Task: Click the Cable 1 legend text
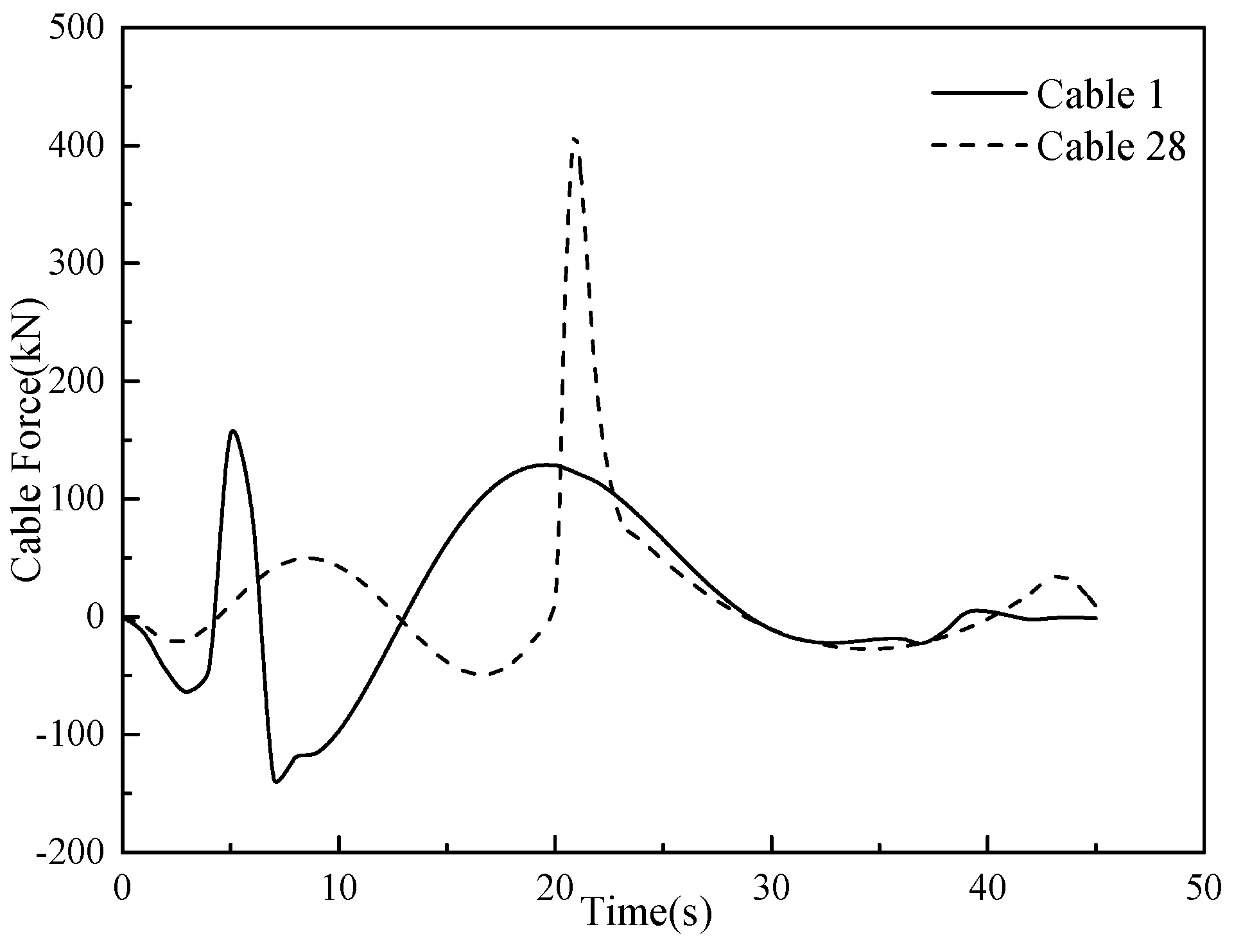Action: (1100, 95)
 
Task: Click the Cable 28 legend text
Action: (1111, 148)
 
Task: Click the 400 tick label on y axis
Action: (76, 146)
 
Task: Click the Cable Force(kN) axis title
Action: (29, 440)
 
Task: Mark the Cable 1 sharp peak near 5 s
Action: (232, 431)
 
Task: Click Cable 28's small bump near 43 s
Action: (1059, 576)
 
